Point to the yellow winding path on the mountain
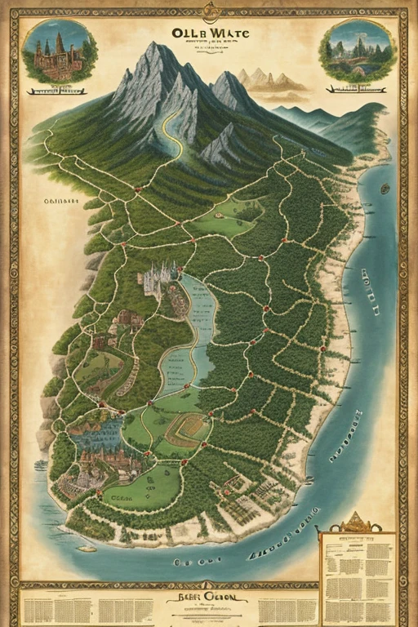click(x=172, y=131)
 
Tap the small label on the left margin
click(x=61, y=199)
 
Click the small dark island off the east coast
click(x=385, y=189)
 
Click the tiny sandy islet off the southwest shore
click(x=85, y=548)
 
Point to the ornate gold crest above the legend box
click(x=355, y=522)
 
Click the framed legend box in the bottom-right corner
click(x=357, y=576)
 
